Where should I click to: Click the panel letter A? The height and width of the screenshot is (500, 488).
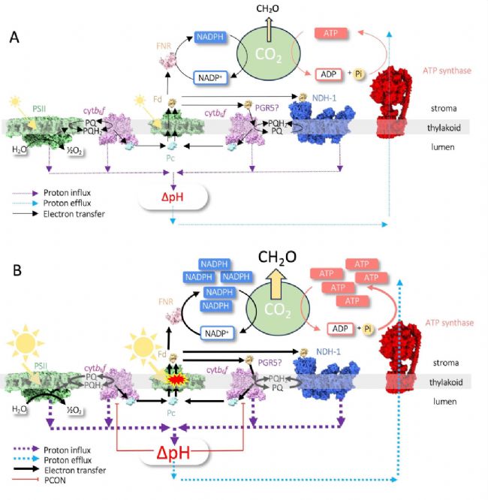(x=14, y=36)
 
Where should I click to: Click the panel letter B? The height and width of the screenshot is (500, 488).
(x=13, y=265)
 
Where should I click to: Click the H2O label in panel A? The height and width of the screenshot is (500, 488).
(x=20, y=151)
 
